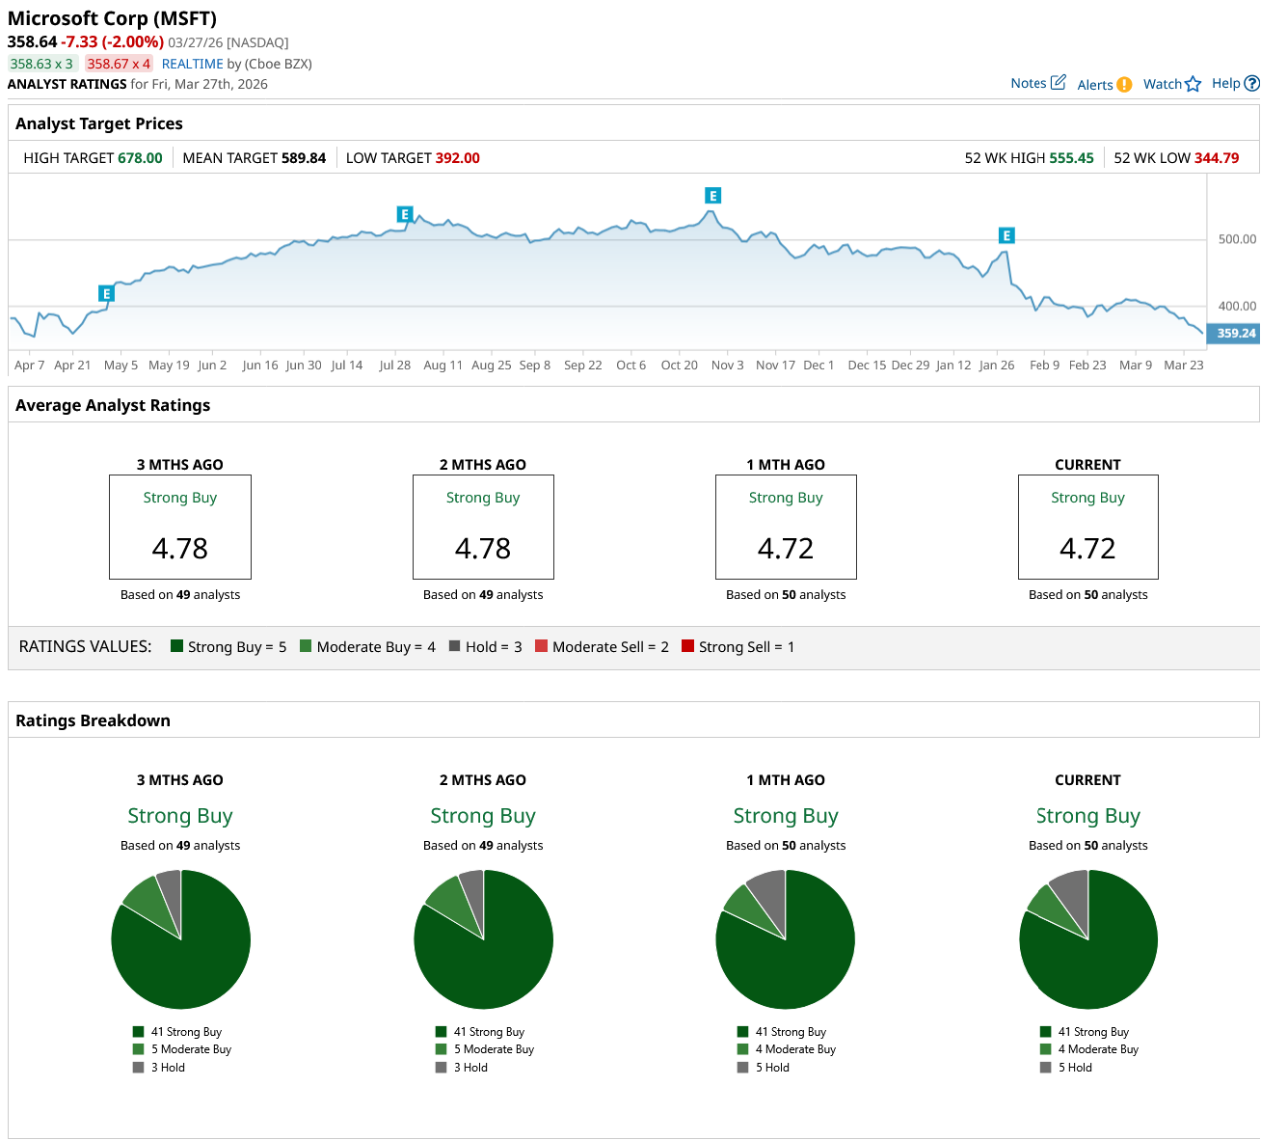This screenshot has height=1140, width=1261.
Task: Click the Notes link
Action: tap(1037, 83)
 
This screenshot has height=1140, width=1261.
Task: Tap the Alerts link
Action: tap(1104, 85)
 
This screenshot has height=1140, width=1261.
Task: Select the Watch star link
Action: tap(1171, 84)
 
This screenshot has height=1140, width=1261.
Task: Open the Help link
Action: tap(1235, 83)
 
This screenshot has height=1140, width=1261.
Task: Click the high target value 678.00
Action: tap(140, 158)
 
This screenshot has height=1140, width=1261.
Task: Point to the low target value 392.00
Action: tap(457, 158)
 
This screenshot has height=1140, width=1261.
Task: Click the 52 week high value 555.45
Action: tap(1071, 158)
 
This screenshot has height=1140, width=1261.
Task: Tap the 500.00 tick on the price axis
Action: tap(1237, 239)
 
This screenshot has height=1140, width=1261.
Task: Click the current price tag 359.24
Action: tap(1235, 334)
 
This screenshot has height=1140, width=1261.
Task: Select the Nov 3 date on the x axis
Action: tap(727, 366)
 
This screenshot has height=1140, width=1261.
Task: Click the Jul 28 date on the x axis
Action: tap(394, 366)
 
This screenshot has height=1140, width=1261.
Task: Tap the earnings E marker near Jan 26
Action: tap(1006, 235)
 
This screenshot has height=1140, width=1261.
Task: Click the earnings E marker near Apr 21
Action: tap(106, 293)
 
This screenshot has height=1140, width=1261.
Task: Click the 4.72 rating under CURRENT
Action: tap(1087, 548)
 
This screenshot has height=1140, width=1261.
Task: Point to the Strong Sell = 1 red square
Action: tap(687, 646)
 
